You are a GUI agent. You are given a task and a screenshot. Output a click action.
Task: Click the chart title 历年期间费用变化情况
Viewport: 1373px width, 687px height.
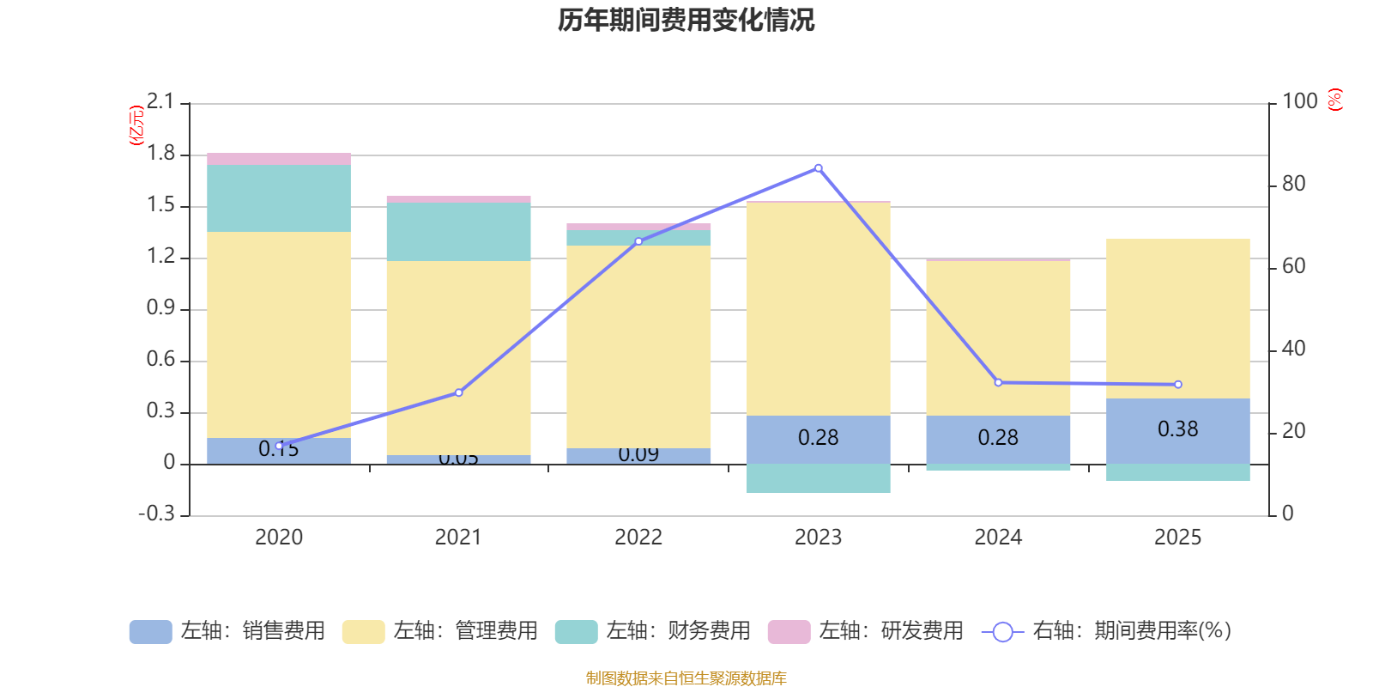(686, 20)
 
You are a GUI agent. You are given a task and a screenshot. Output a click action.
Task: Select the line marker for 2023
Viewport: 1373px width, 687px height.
(818, 168)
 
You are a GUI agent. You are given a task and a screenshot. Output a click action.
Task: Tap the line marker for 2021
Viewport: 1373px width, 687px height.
(458, 392)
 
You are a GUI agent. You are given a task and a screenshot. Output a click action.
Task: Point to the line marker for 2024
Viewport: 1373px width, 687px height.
(998, 382)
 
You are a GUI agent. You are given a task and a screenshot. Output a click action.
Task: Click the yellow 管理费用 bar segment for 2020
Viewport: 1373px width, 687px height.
(279, 335)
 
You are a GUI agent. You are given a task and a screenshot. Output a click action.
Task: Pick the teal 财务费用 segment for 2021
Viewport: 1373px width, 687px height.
(458, 232)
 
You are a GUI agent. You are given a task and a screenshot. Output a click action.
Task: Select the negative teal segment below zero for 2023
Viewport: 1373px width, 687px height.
(818, 478)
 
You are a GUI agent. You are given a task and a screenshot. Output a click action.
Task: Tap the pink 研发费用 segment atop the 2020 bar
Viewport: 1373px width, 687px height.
(279, 159)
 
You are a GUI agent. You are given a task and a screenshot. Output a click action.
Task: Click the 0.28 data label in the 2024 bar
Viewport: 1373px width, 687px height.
(998, 438)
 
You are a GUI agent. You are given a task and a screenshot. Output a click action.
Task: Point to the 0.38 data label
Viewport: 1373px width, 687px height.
(1177, 429)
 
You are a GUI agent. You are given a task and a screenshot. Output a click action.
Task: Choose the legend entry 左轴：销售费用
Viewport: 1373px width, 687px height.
(227, 631)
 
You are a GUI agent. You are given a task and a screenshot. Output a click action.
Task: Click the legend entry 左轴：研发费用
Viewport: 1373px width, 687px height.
(866, 631)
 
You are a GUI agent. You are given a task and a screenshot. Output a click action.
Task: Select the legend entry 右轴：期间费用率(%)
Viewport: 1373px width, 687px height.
(1107, 631)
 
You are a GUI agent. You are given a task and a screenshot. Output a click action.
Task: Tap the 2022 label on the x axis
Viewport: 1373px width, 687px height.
(638, 538)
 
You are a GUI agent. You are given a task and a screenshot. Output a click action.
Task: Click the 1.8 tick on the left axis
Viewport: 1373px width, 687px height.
(160, 154)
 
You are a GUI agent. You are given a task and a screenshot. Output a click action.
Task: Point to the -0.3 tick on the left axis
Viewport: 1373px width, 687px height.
(156, 514)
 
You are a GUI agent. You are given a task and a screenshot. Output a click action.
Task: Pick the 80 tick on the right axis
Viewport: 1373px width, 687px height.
(1293, 184)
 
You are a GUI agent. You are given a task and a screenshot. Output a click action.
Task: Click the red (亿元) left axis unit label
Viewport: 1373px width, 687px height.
(136, 125)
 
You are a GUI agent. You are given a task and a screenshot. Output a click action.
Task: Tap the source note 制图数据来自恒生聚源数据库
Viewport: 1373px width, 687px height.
(686, 678)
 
